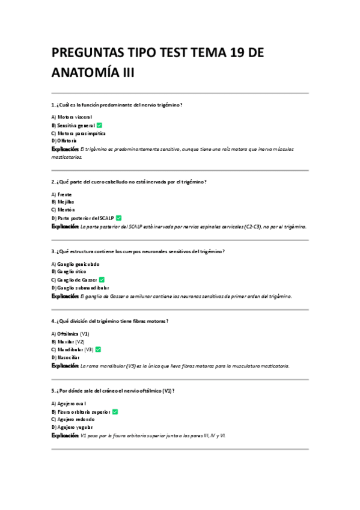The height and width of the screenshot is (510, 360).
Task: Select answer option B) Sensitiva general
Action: [x=73, y=124]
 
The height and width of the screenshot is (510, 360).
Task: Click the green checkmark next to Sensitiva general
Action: [x=99, y=124]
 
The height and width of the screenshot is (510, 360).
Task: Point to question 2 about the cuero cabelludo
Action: [x=130, y=181]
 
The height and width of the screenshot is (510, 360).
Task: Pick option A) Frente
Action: [x=62, y=194]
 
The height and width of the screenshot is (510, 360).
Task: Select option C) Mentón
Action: [x=63, y=210]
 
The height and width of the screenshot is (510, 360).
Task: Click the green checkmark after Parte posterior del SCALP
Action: [x=118, y=218]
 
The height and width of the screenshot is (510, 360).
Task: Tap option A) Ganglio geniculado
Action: [x=76, y=264]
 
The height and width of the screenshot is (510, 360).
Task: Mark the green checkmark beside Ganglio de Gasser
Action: [x=102, y=280]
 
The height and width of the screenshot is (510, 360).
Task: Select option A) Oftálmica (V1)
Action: [x=70, y=334]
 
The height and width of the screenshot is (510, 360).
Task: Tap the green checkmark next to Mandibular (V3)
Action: [x=98, y=349]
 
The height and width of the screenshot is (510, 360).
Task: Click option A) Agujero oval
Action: [x=69, y=404]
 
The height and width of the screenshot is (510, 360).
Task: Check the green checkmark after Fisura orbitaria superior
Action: [x=115, y=412]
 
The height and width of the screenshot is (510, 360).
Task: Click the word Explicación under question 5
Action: [x=65, y=435]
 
